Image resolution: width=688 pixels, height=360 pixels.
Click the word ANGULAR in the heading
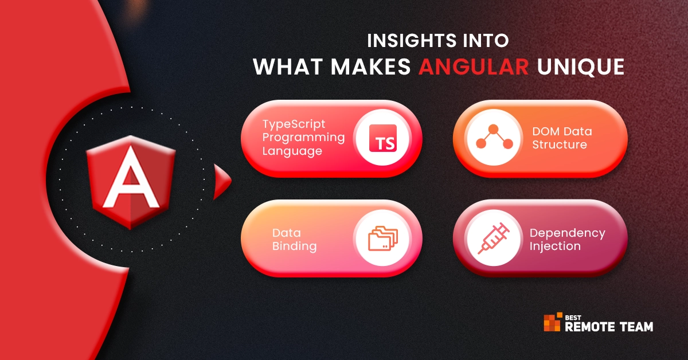coord(474,66)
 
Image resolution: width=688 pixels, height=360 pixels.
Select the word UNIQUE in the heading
coord(581,67)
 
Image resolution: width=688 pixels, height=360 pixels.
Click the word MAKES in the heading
coord(371,66)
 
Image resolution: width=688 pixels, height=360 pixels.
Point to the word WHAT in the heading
coord(288,66)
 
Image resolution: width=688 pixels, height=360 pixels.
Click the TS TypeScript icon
coord(383,138)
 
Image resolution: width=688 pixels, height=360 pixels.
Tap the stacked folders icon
coord(383,238)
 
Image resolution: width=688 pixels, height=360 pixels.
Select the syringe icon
coord(494,238)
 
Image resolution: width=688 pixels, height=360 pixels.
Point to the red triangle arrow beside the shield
coord(222,182)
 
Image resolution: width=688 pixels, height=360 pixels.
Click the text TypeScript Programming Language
coord(303,138)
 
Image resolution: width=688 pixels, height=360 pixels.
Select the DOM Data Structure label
coord(562,138)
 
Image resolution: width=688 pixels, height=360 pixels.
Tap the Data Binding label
coord(294,239)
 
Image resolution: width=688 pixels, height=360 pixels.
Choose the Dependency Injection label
coord(567,239)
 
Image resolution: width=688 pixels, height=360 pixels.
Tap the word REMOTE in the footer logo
coord(590,327)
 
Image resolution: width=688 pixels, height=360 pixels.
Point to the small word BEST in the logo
coord(573,318)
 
